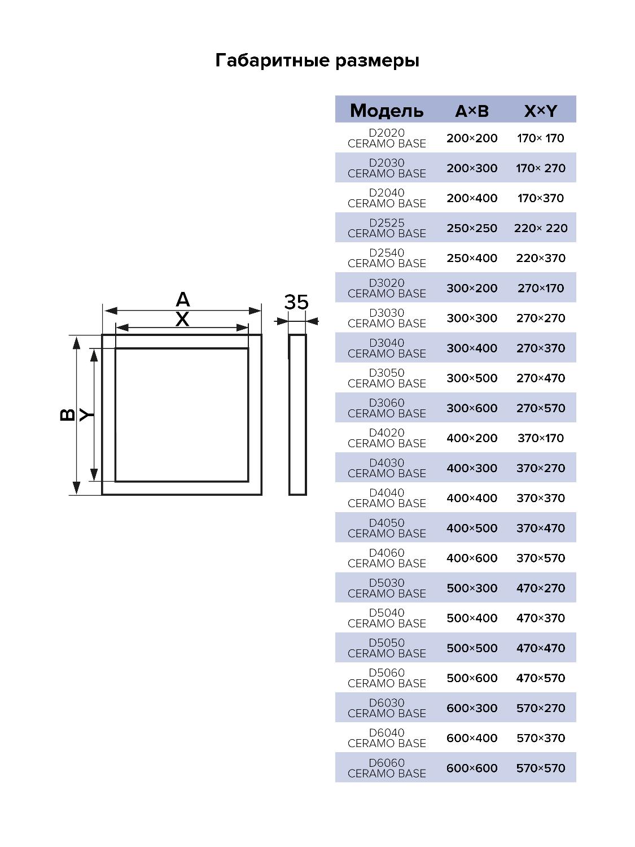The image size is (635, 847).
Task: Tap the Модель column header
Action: [386, 111]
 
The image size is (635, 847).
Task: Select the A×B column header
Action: [472, 111]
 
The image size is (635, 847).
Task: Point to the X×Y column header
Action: [541, 111]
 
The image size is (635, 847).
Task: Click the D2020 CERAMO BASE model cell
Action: [387, 138]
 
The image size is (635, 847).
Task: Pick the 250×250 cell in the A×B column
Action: [472, 228]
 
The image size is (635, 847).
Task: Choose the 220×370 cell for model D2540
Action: [541, 258]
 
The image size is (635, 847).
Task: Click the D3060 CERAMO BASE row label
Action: [387, 408]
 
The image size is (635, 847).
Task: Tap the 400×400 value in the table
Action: [472, 498]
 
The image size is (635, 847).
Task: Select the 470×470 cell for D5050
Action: [541, 648]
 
